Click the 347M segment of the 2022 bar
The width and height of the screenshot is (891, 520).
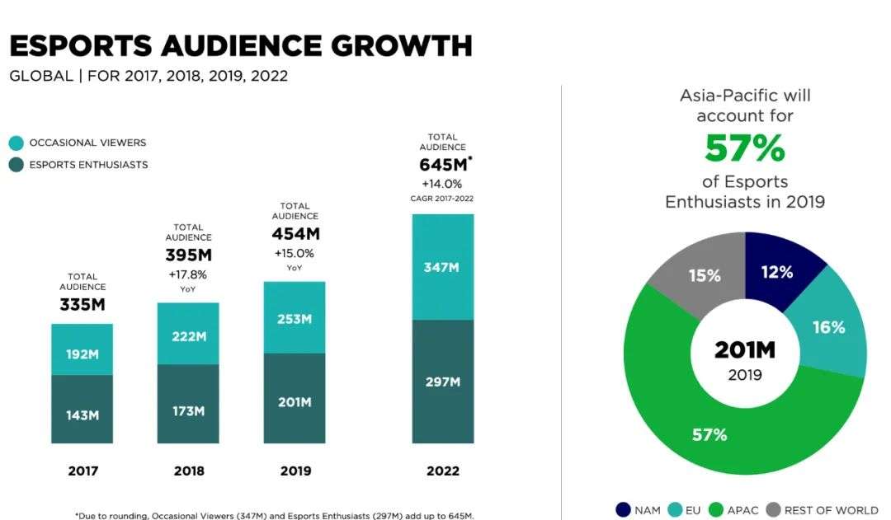tap(443, 267)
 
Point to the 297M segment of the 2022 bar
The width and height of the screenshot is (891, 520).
tap(443, 382)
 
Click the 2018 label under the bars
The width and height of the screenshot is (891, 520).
tap(189, 471)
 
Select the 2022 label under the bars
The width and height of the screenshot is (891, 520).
tap(443, 471)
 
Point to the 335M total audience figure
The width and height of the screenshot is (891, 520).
tap(82, 305)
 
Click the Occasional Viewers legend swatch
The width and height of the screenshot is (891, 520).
tap(16, 143)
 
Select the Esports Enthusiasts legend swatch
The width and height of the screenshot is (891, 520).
tap(16, 165)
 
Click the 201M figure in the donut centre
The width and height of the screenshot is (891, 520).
tap(745, 350)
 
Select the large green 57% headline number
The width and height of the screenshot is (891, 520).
tap(744, 148)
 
